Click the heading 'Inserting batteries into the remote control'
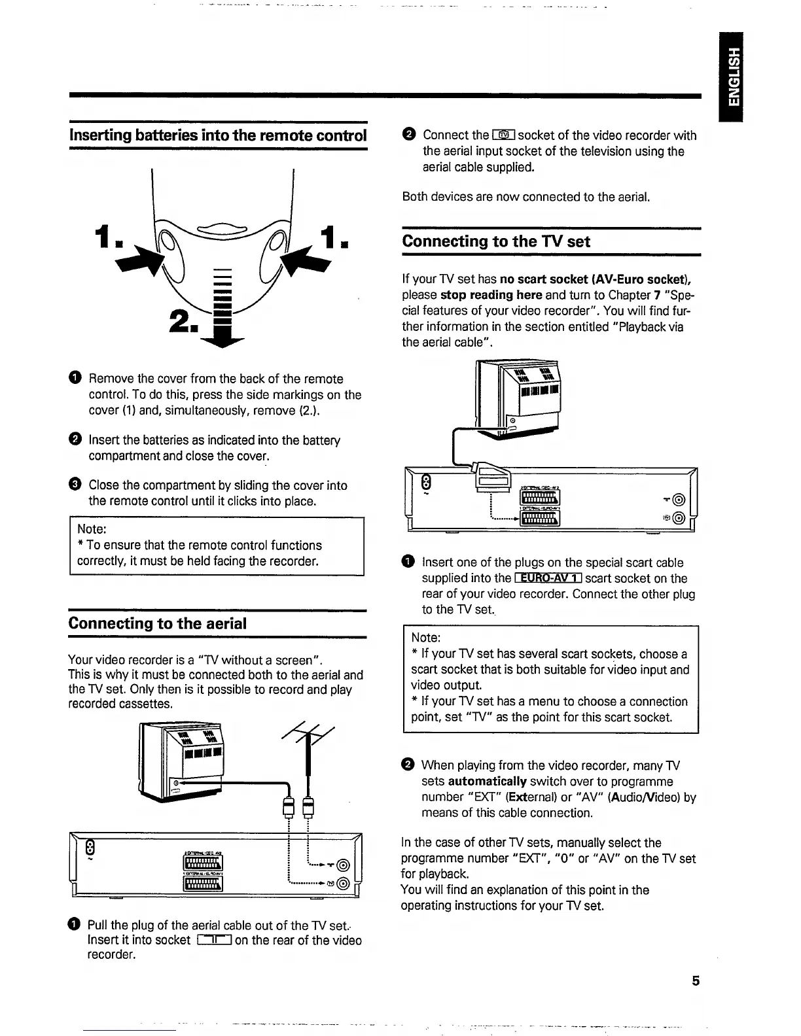(x=217, y=135)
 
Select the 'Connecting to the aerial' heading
(x=157, y=623)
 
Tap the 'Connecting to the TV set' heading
(x=496, y=241)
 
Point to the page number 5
(x=696, y=980)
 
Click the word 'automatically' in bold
(x=488, y=781)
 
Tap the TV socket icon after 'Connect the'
(x=504, y=135)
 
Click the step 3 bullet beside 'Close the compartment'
(x=75, y=485)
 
